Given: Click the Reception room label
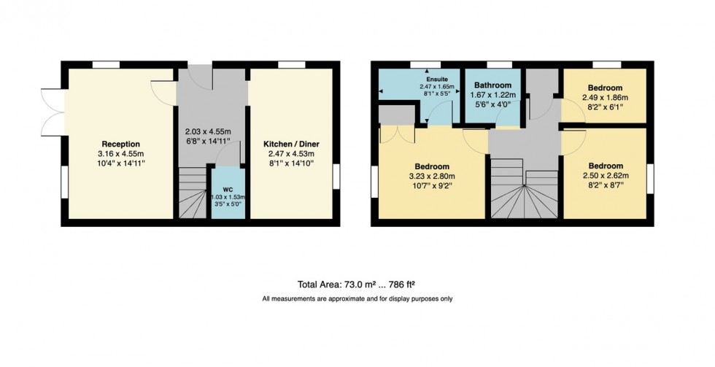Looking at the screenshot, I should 120,144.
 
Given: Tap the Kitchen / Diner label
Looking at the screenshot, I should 291,144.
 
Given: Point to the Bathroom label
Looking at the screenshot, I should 493,85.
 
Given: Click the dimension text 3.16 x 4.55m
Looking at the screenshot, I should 120,154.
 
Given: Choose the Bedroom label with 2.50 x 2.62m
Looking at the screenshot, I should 606,165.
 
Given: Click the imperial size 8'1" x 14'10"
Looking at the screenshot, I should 291,164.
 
